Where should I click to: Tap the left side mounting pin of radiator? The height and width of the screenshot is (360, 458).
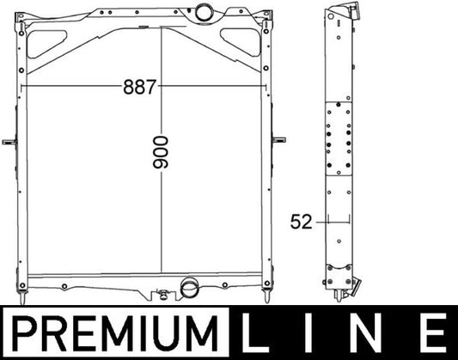click(9, 142)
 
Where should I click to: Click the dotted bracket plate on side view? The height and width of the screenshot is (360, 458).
click(337, 137)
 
